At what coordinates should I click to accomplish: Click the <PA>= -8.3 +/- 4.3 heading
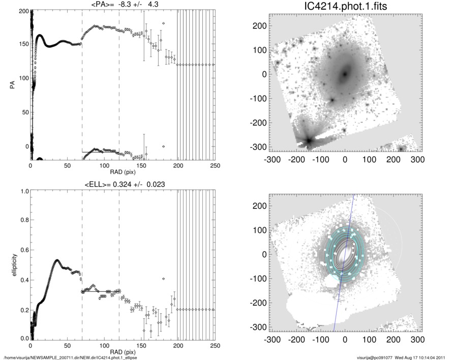[x=123, y=5]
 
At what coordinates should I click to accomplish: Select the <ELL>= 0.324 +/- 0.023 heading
[x=123, y=184]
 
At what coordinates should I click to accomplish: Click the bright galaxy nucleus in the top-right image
[x=345, y=74]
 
